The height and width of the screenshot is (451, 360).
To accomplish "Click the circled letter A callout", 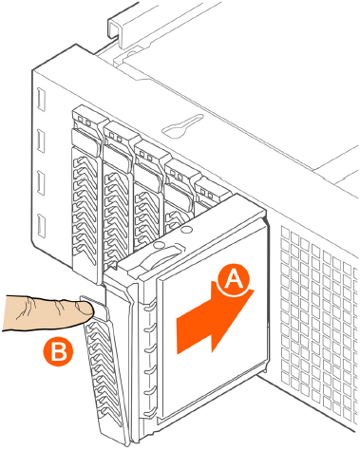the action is click(x=234, y=279).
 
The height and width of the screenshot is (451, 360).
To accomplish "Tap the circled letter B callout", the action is click(x=58, y=351).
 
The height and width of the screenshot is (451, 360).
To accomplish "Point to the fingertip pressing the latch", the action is click(x=85, y=309).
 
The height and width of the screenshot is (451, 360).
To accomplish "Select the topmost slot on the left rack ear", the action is click(x=41, y=100).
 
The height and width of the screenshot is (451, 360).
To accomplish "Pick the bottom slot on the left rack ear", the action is click(x=41, y=226).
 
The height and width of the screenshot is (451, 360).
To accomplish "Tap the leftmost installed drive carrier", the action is click(x=86, y=193).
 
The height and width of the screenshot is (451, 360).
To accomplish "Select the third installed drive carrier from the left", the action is click(x=149, y=197).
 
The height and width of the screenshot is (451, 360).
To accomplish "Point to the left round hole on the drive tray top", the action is click(x=160, y=245).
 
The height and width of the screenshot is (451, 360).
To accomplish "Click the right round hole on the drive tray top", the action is click(x=187, y=229).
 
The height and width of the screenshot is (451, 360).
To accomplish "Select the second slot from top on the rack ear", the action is click(x=41, y=141).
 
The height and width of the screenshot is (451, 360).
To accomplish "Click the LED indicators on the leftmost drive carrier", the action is click(x=85, y=121).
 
